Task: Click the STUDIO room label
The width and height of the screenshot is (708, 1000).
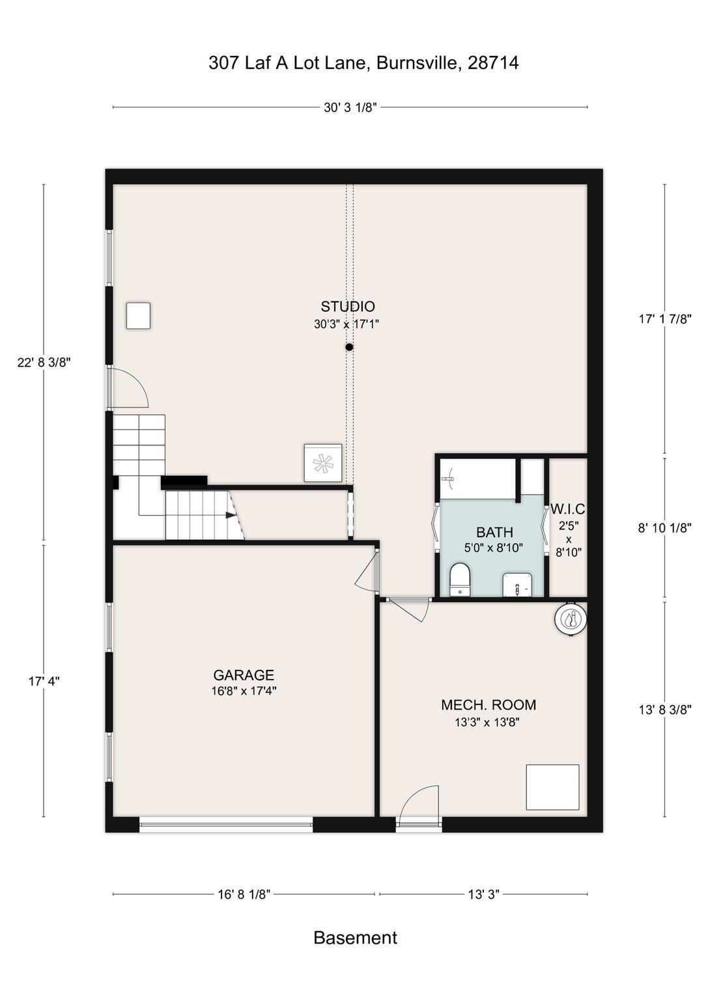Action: click(348, 306)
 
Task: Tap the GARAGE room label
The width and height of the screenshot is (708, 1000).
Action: click(244, 674)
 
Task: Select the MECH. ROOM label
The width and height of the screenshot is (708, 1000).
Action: click(489, 704)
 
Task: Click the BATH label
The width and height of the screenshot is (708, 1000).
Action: click(494, 532)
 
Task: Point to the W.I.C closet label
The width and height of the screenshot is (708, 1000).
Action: click(567, 509)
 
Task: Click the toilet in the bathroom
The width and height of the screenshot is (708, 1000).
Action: click(459, 579)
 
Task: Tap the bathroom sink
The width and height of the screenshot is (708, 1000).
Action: click(518, 585)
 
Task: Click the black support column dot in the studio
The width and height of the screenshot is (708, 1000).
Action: click(349, 347)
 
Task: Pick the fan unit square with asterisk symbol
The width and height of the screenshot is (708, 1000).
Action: click(323, 463)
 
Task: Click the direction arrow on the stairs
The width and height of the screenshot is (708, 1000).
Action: click(231, 515)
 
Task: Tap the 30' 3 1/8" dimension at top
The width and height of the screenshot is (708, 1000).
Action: click(350, 107)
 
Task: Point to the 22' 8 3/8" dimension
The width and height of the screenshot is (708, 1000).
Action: click(44, 362)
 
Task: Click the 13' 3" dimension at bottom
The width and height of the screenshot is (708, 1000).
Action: click(484, 894)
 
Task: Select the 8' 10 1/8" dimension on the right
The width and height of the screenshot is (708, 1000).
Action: click(664, 528)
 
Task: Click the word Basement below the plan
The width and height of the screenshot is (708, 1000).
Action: click(355, 938)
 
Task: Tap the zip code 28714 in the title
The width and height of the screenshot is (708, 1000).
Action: click(493, 63)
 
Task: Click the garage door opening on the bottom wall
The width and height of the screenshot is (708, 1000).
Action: click(225, 826)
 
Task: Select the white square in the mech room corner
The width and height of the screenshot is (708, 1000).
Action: click(552, 786)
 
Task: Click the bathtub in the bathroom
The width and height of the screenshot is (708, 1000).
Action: click(478, 479)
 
